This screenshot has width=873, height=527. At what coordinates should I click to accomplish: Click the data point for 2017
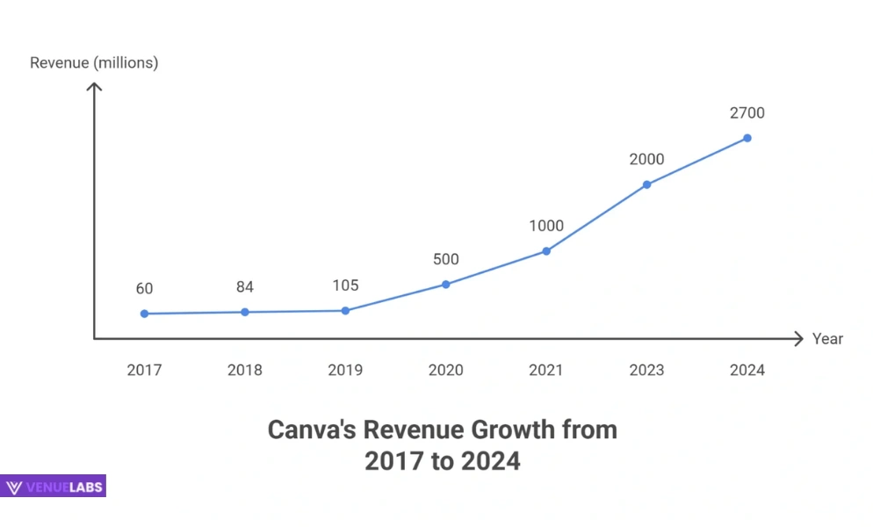(144, 314)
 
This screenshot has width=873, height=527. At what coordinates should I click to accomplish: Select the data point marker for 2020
(445, 284)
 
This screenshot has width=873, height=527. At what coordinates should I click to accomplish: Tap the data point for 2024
(747, 138)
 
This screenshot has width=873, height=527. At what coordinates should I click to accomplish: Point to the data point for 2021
(546, 250)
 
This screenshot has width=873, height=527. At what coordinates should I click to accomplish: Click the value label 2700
(747, 112)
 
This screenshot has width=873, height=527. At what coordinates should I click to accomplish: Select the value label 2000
(646, 159)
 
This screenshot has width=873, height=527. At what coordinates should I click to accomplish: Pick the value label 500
(445, 259)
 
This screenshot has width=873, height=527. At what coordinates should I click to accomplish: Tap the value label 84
(244, 287)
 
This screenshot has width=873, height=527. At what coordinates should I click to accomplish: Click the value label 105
(345, 285)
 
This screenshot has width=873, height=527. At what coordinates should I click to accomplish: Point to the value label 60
(144, 288)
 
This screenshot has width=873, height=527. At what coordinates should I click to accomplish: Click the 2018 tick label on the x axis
(244, 370)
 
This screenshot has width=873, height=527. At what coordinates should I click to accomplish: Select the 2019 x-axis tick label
(345, 370)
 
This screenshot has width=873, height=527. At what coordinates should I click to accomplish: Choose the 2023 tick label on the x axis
(646, 370)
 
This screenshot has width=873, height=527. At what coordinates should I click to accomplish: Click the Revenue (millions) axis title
(94, 62)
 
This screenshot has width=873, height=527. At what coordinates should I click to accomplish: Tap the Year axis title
(827, 339)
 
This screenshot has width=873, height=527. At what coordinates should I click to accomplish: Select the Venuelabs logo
(54, 487)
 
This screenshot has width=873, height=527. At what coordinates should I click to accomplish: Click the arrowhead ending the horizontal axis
(798, 339)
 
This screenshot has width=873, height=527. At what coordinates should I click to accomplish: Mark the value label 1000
(546, 226)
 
